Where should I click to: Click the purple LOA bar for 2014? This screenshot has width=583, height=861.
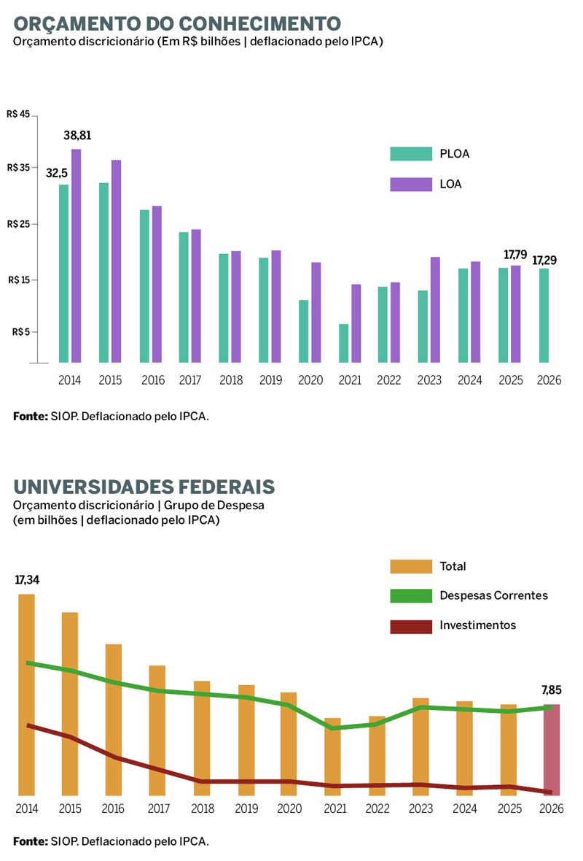click(x=76, y=255)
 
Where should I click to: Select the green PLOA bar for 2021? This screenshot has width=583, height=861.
click(x=344, y=343)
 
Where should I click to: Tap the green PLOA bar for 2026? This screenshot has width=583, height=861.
click(x=544, y=315)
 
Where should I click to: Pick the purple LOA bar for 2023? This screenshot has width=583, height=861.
click(x=435, y=309)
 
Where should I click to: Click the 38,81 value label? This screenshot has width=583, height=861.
click(x=77, y=136)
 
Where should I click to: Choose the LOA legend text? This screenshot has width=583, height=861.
click(x=450, y=185)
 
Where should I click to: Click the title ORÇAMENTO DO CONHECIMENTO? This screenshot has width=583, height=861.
click(x=176, y=22)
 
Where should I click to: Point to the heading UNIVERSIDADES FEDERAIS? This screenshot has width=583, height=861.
click(x=144, y=487)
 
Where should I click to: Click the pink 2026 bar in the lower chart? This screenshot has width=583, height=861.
click(x=552, y=749)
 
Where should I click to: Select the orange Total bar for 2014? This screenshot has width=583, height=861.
click(x=27, y=694)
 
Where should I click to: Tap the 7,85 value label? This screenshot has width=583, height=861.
click(x=552, y=690)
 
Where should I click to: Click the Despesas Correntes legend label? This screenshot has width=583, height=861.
click(x=493, y=595)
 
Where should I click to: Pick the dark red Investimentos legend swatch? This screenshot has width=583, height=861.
click(x=411, y=626)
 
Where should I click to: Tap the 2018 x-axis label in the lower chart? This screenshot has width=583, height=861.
click(x=203, y=808)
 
